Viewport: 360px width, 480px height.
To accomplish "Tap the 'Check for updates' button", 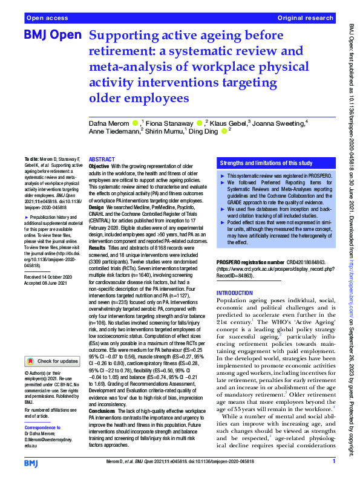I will click(x=53, y=361).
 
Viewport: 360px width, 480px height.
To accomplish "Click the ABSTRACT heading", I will click(x=102, y=157).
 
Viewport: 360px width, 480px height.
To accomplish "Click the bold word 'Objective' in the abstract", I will click(x=99, y=165).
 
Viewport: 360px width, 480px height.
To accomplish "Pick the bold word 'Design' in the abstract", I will click(x=97, y=207).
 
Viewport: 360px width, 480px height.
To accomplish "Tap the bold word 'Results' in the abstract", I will click(x=98, y=248).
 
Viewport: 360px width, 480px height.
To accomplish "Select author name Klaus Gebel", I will click(x=228, y=124).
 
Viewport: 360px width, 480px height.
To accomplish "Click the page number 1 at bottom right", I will click(x=333, y=462).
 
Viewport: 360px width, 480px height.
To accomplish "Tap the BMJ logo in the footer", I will click(x=32, y=462).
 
